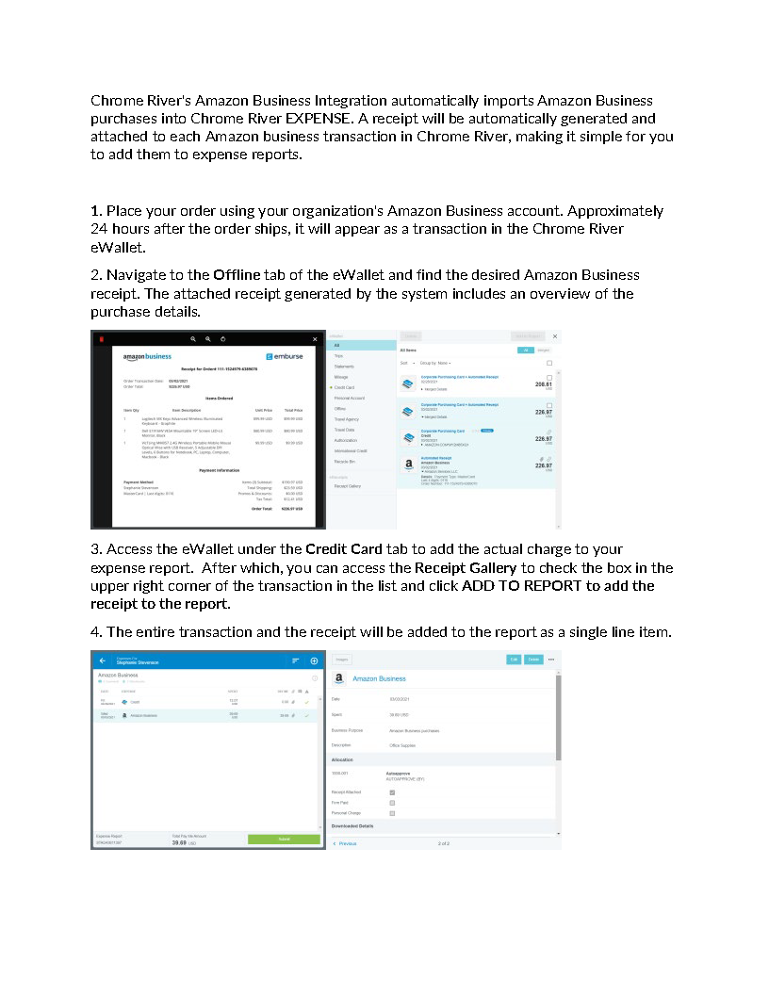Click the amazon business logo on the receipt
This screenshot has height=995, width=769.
tap(147, 356)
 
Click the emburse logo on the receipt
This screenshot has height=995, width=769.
tap(284, 356)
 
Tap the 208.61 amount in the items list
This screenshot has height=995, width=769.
tap(543, 384)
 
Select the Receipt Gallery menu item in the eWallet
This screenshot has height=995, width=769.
tap(348, 486)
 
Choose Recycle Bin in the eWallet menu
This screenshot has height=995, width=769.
tap(344, 461)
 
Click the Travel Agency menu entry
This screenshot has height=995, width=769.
tap(346, 419)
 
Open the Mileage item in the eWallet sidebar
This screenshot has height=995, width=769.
tap(341, 377)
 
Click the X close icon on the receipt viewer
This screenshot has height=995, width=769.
tap(315, 339)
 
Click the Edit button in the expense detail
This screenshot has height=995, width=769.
tap(514, 660)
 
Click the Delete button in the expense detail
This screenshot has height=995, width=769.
tap(533, 660)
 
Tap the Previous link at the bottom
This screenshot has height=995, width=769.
tap(347, 843)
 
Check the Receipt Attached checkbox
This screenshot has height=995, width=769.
tap(392, 792)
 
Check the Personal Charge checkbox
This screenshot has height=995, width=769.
tap(392, 812)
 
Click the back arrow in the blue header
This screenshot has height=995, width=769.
tap(102, 661)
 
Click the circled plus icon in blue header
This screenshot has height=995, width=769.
tap(314, 661)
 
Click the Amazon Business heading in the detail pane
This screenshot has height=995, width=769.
tap(379, 678)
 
